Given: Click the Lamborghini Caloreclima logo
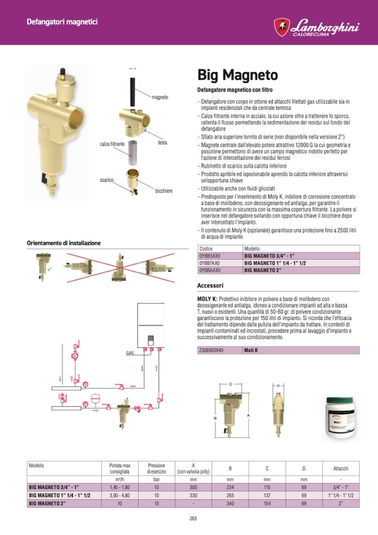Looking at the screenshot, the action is tap(316, 27).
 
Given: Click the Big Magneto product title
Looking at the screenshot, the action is tap(238, 75).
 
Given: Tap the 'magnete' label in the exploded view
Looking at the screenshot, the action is tap(160, 97).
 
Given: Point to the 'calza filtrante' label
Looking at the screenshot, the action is tap(112, 144).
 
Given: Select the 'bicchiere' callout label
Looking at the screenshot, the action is tap(163, 191).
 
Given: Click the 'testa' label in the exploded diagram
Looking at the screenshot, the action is tap(163, 142).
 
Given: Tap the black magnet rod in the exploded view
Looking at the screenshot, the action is tap(133, 88).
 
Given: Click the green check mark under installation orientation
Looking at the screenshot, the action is tap(50, 269).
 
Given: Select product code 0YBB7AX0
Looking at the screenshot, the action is tap(209, 263).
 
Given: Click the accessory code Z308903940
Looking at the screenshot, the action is tap(211, 350).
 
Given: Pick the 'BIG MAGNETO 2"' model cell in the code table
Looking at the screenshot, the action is tap(258, 270).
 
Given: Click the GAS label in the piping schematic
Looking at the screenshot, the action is tap(130, 353).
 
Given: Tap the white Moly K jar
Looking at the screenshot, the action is tap(341, 420).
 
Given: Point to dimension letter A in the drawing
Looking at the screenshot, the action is tap(248, 415).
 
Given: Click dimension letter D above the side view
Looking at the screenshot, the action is tap(278, 385).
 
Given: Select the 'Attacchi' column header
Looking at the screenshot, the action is tap(341, 469).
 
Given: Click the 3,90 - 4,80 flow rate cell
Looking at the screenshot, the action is tap(120, 495).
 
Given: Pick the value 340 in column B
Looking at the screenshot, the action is tap(230, 503).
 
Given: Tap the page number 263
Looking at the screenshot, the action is tap(193, 518).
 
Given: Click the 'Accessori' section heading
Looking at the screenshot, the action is tap(210, 285).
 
